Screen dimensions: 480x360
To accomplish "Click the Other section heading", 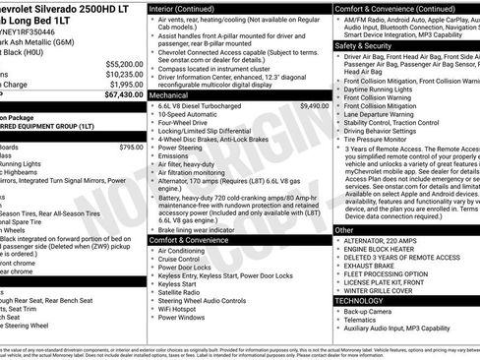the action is (344, 229).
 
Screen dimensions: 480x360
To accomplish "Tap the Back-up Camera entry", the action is (369, 311).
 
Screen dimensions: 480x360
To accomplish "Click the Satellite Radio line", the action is (181, 291).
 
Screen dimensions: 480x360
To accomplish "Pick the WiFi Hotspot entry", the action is (180, 308).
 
